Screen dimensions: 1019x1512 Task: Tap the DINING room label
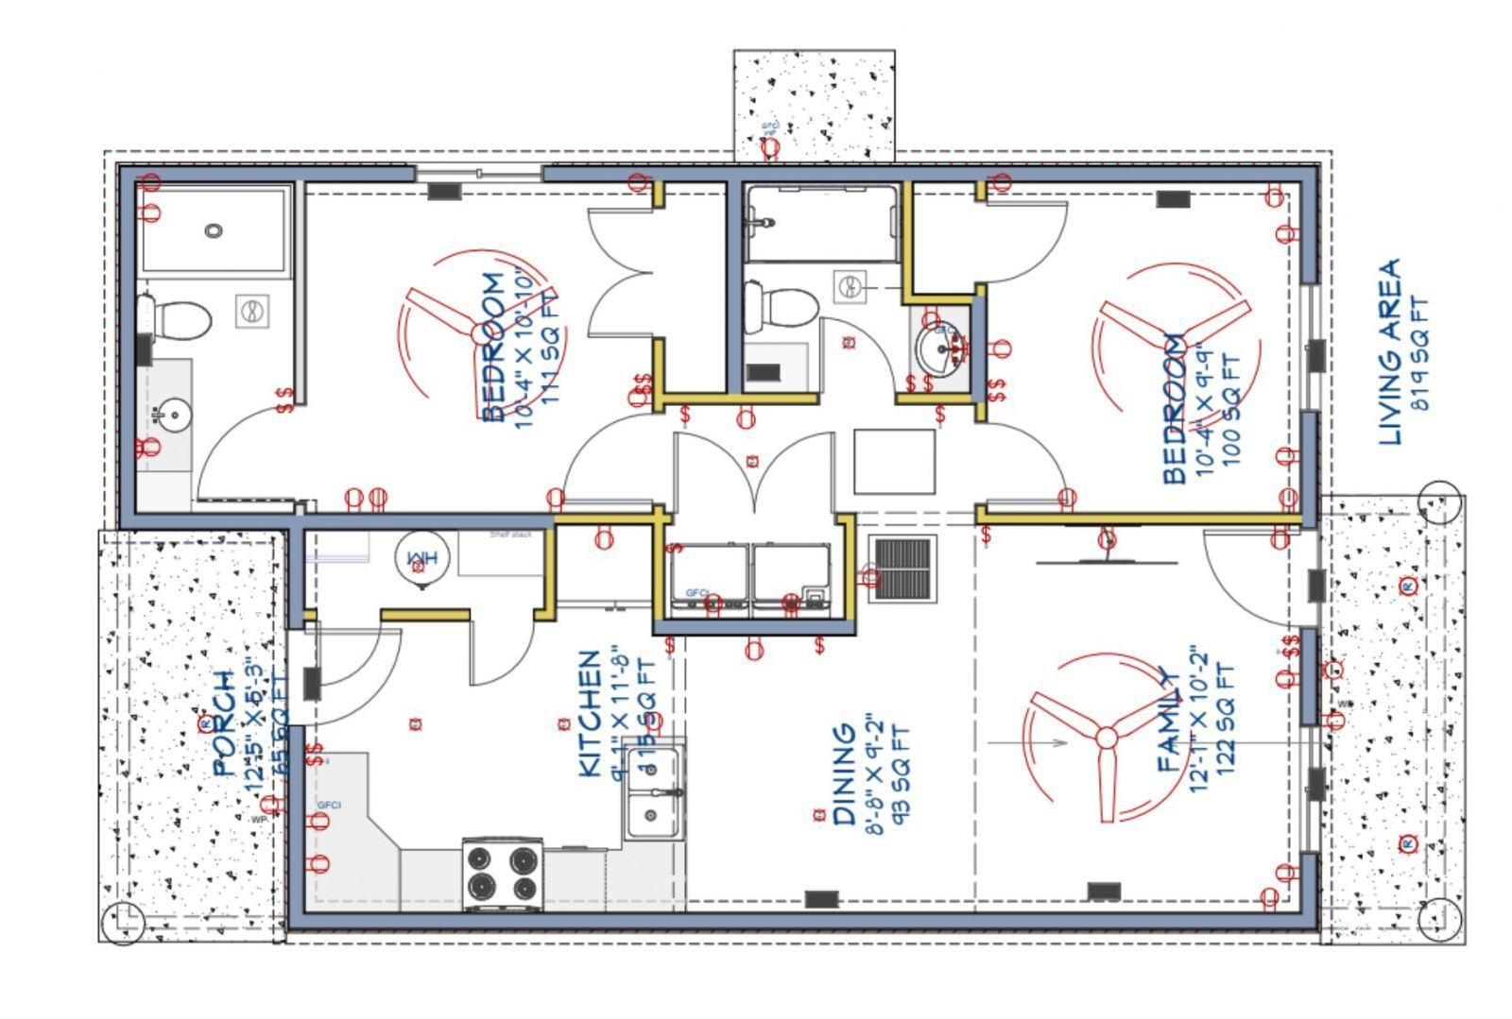pos(844,774)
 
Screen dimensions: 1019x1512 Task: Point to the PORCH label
pos(224,722)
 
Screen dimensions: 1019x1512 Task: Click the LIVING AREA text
pos(1388,351)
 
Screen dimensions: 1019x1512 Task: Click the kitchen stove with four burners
pos(502,873)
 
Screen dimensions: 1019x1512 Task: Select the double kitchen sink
pos(653,791)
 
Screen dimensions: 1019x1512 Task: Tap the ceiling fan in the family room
pos(1104,737)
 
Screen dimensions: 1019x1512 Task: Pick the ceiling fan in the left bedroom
pos(472,331)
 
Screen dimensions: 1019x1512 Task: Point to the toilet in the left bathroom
pos(176,319)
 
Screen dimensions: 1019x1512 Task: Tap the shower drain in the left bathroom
pos(215,229)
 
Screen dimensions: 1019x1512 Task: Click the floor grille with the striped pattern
pos(902,569)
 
